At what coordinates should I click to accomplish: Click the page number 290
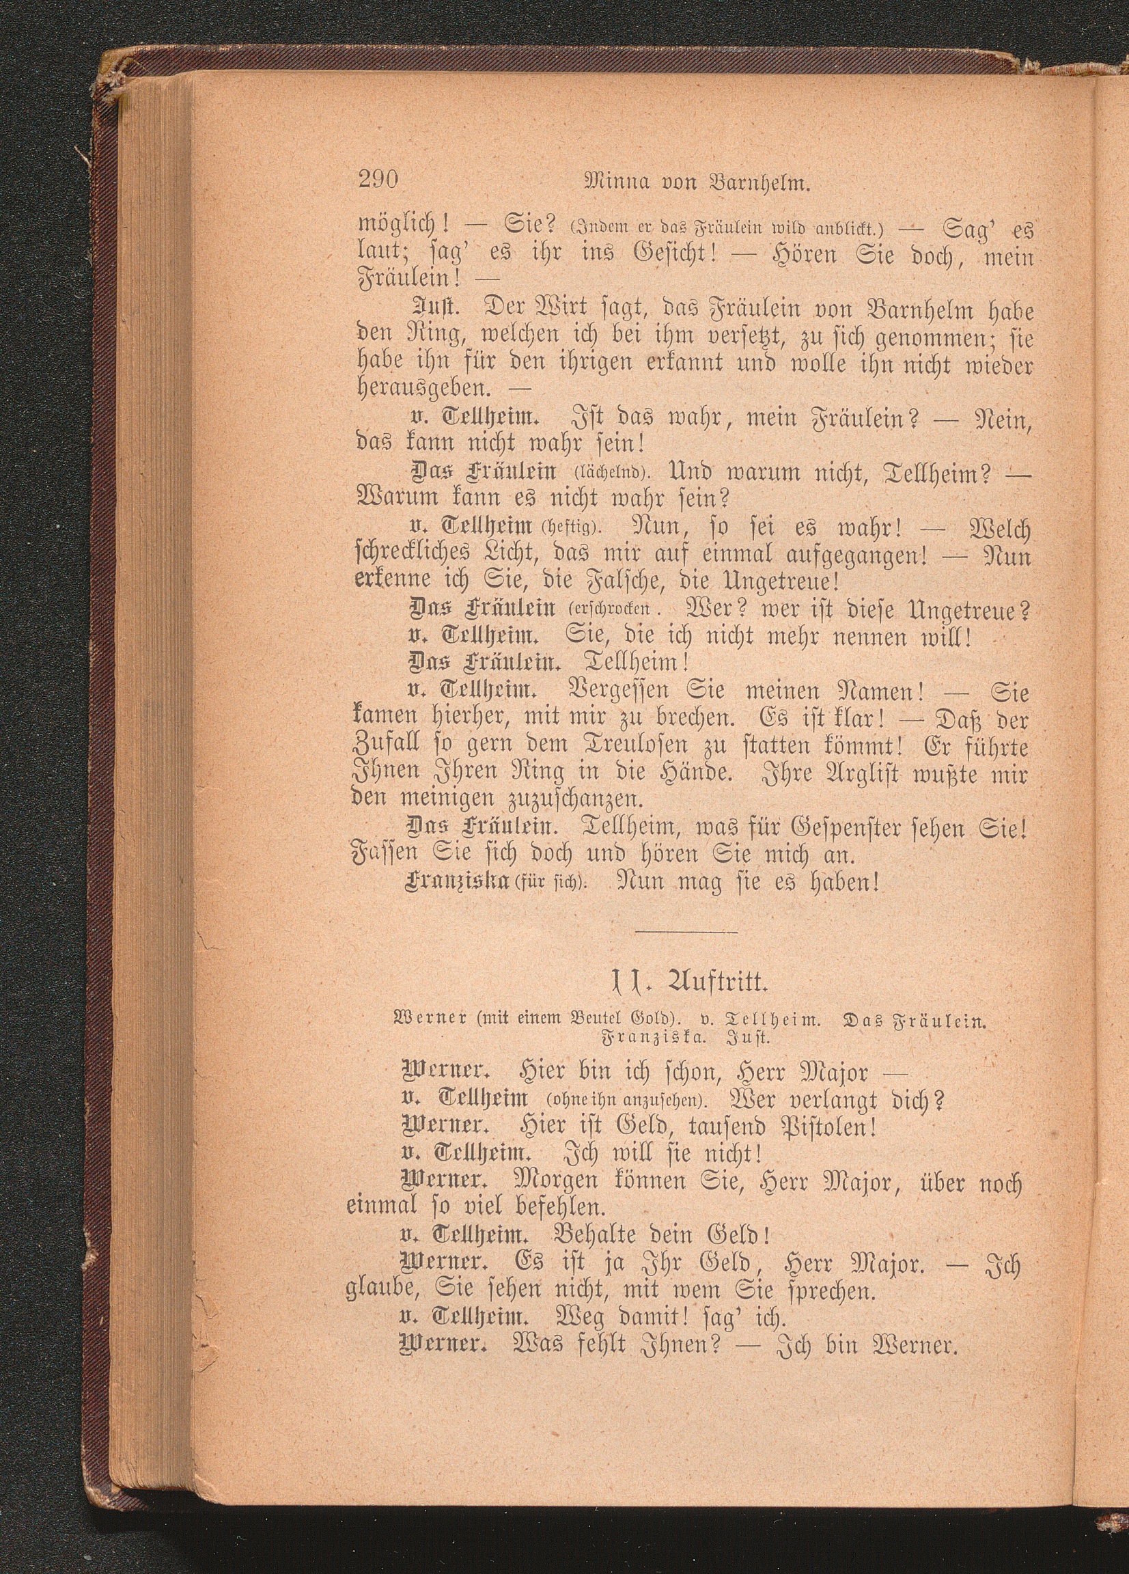click(379, 182)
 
